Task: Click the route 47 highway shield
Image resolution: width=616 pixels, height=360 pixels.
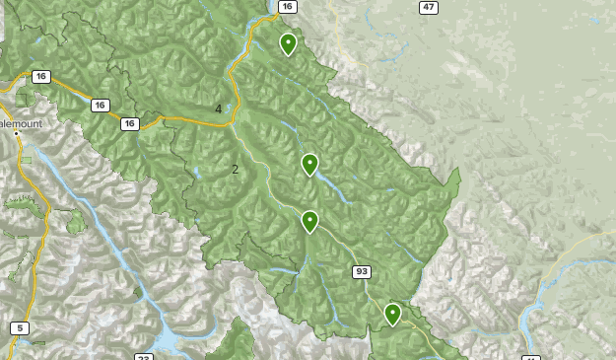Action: (x=428, y=7)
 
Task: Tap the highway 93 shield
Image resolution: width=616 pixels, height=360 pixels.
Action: (x=362, y=271)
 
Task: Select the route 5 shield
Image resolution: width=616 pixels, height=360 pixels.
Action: (x=20, y=327)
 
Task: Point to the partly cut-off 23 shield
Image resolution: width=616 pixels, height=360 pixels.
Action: (x=145, y=357)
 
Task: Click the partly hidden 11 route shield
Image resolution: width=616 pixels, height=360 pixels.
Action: (x=531, y=357)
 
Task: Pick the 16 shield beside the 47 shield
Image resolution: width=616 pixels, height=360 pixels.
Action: (x=287, y=7)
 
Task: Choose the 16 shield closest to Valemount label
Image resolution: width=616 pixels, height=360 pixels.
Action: (x=40, y=76)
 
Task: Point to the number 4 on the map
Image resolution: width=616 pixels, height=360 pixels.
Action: (x=218, y=108)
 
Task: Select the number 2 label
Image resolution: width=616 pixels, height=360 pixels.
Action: (x=235, y=169)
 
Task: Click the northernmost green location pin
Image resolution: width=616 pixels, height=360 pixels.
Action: (x=288, y=43)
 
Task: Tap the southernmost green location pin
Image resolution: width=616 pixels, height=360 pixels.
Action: (x=392, y=314)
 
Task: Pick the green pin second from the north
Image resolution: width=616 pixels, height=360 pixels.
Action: (x=309, y=164)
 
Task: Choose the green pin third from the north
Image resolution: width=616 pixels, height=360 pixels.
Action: (x=309, y=221)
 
